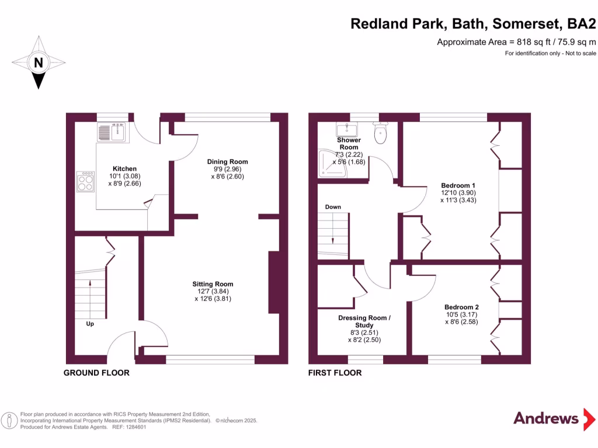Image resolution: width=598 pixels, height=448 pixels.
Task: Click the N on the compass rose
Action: click(38, 62)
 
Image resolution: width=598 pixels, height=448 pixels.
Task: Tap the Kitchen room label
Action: click(124, 169)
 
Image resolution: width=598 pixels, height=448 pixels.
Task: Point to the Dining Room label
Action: click(228, 162)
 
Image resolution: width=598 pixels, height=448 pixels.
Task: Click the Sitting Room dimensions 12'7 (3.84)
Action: click(213, 292)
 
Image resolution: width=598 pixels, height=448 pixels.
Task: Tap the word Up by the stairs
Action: click(90, 323)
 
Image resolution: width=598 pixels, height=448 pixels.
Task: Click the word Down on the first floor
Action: click(333, 207)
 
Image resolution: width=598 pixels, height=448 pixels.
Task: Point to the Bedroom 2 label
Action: click(461, 307)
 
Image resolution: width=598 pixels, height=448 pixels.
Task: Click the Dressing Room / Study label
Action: click(364, 321)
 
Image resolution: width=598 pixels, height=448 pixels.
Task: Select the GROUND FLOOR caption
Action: click(96, 373)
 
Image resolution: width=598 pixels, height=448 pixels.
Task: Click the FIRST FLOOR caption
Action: click(335, 373)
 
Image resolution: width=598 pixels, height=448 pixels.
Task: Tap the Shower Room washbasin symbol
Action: click(349, 128)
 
